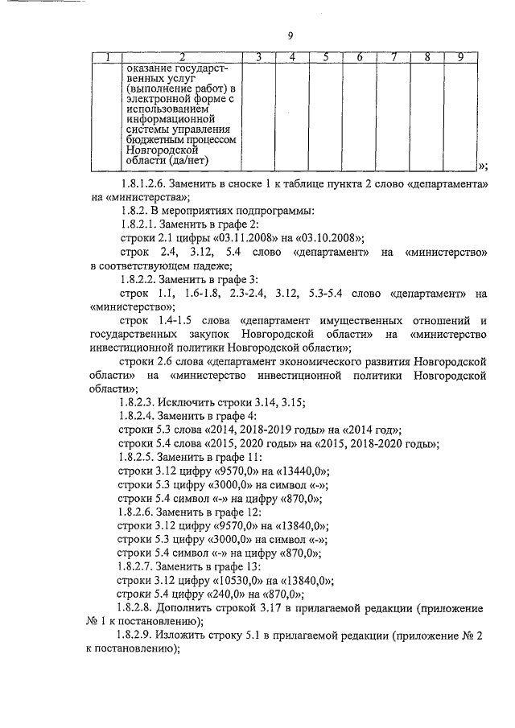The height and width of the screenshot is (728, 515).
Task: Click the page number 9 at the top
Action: coord(290,34)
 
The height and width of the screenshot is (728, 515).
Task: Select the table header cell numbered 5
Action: coord(326,57)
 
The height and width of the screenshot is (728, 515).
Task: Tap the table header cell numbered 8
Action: coord(426,57)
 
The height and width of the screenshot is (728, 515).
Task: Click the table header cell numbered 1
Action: coord(107,57)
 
